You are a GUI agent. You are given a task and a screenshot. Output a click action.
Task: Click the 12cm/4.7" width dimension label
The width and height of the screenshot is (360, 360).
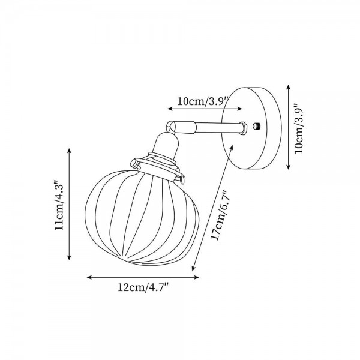tap(143, 288)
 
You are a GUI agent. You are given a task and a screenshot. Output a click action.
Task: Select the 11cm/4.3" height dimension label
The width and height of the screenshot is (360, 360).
tap(59, 205)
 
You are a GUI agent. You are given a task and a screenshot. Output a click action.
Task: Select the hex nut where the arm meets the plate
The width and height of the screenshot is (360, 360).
tap(244, 127)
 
